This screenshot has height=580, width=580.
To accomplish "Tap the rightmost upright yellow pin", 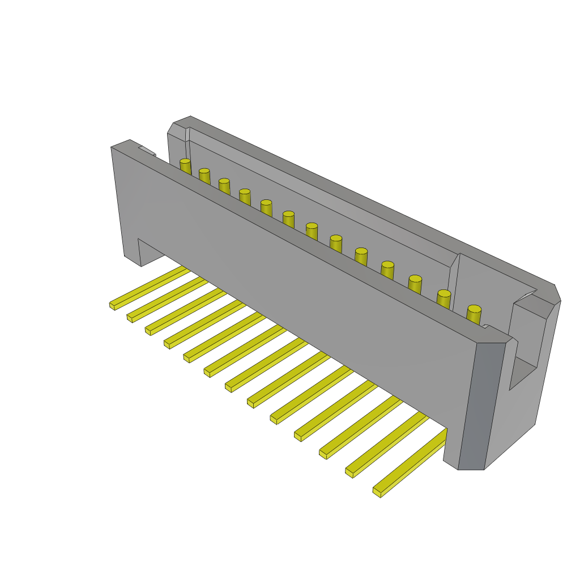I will point(474,315).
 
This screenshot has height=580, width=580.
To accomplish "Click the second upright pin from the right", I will point(443,299).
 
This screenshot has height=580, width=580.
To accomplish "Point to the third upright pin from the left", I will point(224,186).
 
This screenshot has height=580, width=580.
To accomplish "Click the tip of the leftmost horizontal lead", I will point(113,306).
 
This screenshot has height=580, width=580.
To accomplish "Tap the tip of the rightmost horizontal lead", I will point(377,492).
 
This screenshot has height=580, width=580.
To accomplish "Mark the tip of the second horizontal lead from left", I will point(130,318).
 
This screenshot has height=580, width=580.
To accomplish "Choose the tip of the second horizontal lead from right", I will point(349,472).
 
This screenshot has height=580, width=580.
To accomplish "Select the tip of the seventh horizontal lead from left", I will point(228,387).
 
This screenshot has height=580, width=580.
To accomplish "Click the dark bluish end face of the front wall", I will point(481,405).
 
